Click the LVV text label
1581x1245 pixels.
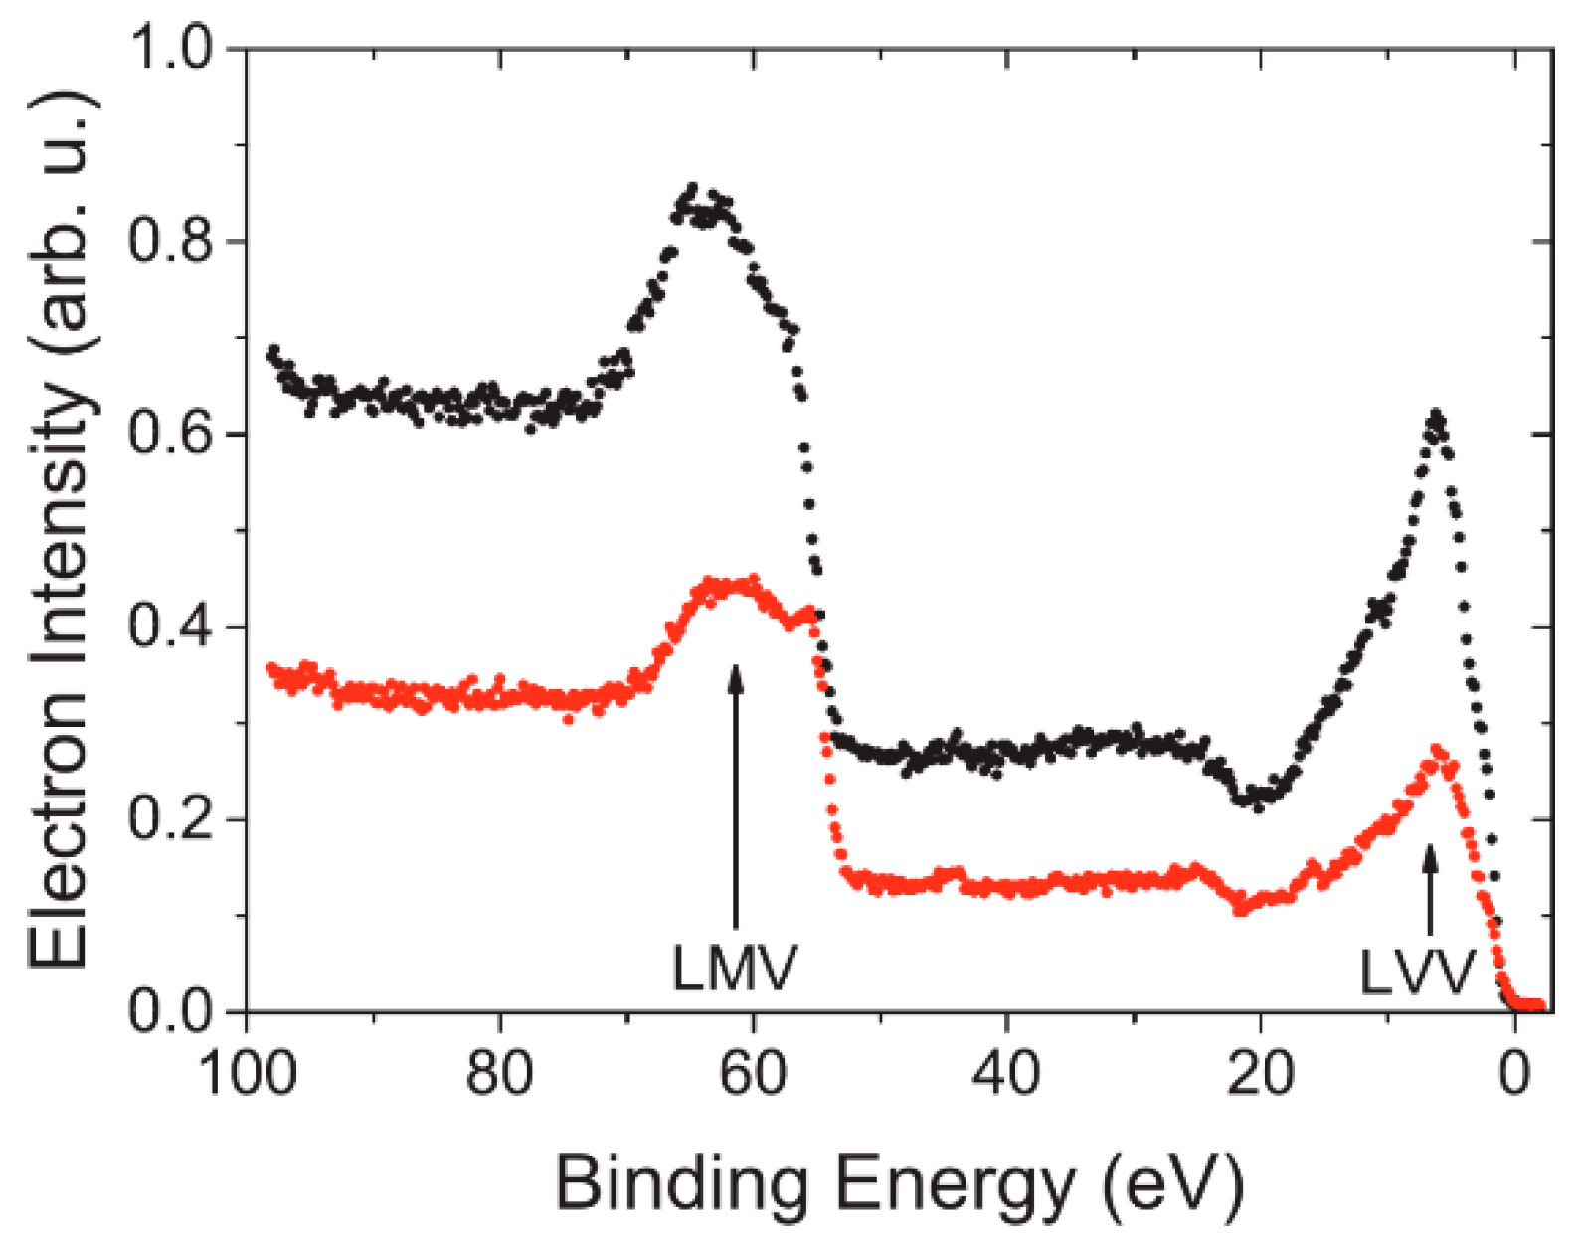[x=1416, y=973]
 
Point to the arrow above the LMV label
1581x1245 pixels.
[x=735, y=796]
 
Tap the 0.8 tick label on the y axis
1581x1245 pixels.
[x=171, y=242]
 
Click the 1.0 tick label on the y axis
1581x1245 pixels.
[x=171, y=47]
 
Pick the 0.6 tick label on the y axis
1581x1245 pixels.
[x=171, y=435]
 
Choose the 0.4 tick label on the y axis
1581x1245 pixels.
[x=171, y=627]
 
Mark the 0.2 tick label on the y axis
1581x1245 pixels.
[x=171, y=820]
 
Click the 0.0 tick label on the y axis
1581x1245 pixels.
[x=171, y=1012]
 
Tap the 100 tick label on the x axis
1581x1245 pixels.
[x=248, y=1074]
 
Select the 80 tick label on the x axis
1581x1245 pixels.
[x=500, y=1074]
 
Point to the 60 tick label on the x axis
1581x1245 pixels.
[x=754, y=1074]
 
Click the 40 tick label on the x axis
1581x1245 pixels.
[x=1006, y=1074]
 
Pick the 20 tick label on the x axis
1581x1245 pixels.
[x=1260, y=1074]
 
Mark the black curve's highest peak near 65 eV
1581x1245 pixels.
[x=692, y=189]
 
